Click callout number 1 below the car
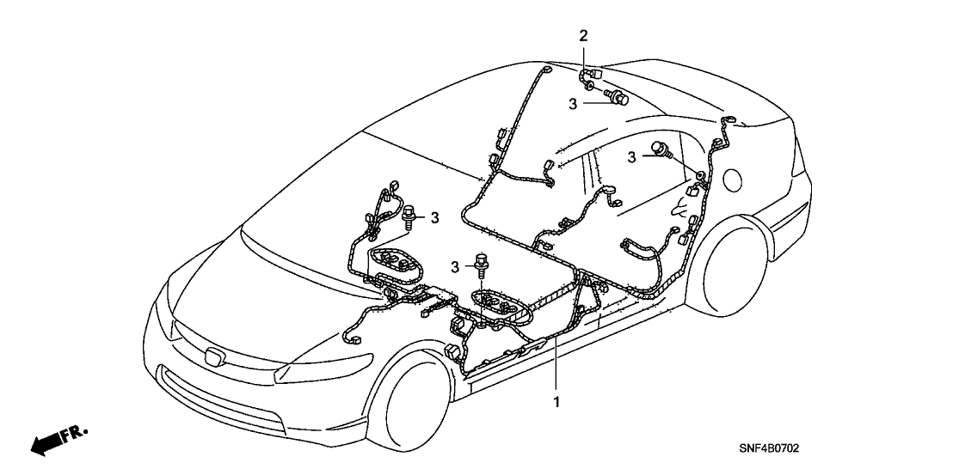[556, 401]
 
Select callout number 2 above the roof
[583, 36]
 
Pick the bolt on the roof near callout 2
[618, 97]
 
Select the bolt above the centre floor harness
[481, 261]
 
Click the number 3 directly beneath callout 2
[572, 103]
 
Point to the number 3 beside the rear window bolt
[633, 157]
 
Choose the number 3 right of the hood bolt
[434, 217]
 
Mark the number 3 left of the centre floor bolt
[458, 267]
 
